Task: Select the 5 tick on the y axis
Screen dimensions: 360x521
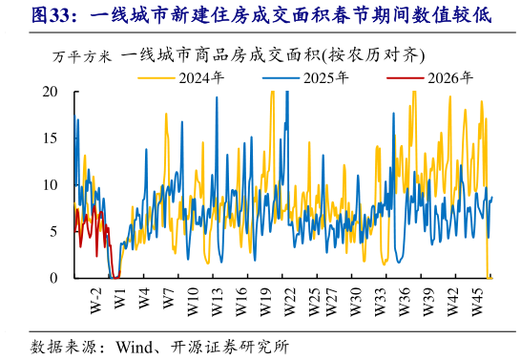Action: [53, 231]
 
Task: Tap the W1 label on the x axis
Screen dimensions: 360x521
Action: [119, 294]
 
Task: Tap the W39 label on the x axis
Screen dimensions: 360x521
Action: [429, 296]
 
